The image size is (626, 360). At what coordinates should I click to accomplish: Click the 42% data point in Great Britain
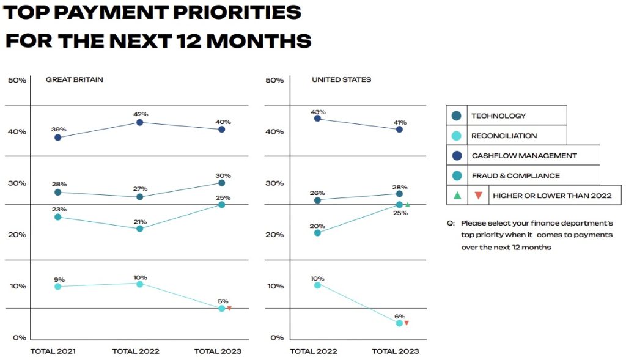pos(139,122)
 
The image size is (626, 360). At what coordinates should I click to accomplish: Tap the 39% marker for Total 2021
pos(57,138)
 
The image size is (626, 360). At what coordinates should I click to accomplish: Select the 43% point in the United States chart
pos(317,119)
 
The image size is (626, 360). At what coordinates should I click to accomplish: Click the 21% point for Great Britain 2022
pos(139,229)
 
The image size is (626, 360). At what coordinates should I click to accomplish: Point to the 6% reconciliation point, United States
pos(399,323)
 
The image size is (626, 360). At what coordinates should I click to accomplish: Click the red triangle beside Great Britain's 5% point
pos(229,309)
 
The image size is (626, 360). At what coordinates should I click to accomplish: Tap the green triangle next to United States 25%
pos(407,205)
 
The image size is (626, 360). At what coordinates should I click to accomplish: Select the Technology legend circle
pos(456,116)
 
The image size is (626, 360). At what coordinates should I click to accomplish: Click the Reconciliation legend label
pos(504,136)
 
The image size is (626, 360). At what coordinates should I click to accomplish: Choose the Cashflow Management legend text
pos(524,156)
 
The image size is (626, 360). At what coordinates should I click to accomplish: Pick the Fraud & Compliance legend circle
pos(456,175)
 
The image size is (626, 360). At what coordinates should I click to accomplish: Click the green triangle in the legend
pos(457,196)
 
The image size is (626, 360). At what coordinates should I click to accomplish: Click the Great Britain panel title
pos(75,79)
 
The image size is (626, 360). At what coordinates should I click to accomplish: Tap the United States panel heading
pos(341,79)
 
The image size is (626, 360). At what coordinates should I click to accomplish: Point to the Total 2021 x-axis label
pos(54,351)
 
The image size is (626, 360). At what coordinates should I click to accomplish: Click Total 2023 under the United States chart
pos(396,351)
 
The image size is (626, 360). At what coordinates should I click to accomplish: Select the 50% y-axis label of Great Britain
pos(17,81)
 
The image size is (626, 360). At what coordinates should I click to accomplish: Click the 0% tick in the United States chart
pos(276,337)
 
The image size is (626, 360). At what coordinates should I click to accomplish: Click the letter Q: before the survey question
pos(451,224)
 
